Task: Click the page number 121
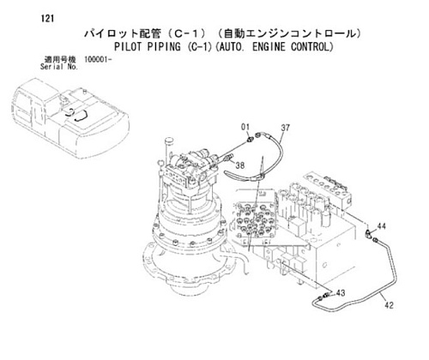pos(47,19)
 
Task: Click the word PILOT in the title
pos(128,46)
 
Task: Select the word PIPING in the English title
pos(164,46)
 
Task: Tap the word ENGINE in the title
pos(269,46)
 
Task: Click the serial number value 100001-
pos(98,60)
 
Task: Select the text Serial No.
pos(59,67)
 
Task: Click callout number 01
pos(245,127)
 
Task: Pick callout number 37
pos(285,128)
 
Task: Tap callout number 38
pos(240,165)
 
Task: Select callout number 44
pos(381,226)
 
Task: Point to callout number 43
pos(341,293)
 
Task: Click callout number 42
pos(389,305)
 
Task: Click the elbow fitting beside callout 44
pos(369,233)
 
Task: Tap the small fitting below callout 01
pos(250,140)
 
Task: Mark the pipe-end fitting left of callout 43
pos(325,296)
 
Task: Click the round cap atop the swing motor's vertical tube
pos(169,141)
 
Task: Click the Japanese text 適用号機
pos(60,60)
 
